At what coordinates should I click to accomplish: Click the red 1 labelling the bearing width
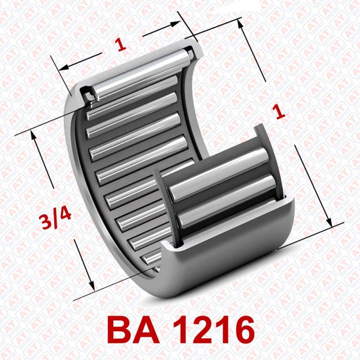[x=120, y=45]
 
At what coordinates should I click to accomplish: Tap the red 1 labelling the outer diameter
[x=280, y=111]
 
